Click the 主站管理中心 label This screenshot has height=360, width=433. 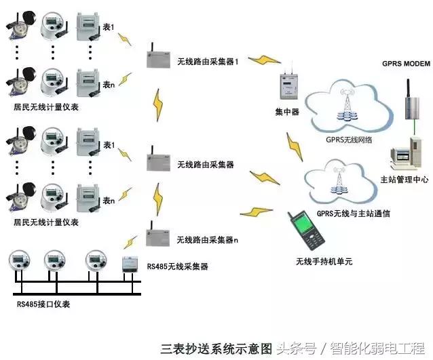(x=400, y=179)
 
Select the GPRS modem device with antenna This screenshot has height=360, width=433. (x=412, y=99)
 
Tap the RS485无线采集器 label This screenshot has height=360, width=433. (x=178, y=267)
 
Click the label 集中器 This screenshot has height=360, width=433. (x=287, y=112)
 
